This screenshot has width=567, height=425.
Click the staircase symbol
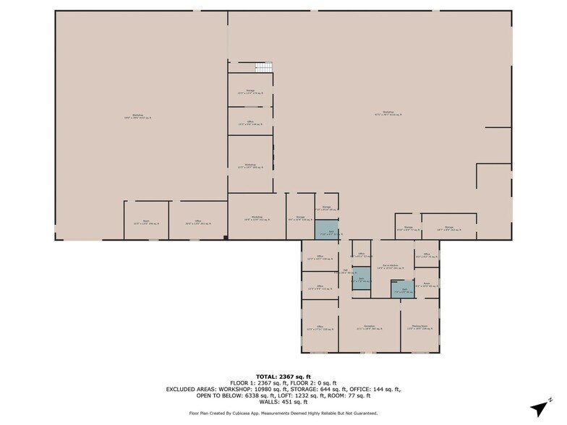264,67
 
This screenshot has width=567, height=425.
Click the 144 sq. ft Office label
250,122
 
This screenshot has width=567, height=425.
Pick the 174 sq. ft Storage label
250,92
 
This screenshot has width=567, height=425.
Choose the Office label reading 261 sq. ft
197,223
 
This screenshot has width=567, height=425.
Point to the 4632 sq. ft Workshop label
137,116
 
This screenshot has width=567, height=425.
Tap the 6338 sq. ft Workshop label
388,113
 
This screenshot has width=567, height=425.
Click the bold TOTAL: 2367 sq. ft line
283,377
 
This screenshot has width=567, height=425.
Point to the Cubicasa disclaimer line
283,413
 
